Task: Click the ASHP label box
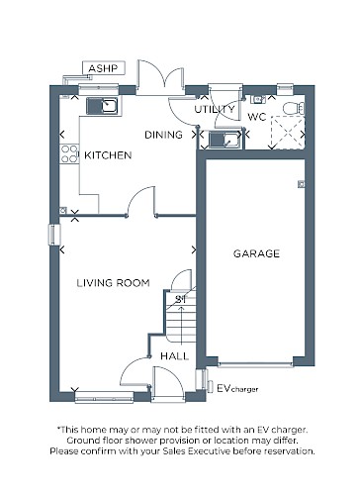(x=104, y=68)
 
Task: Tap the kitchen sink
(x=102, y=106)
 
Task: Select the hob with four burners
(x=69, y=154)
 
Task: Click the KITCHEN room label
(x=108, y=155)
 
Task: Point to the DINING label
(x=163, y=135)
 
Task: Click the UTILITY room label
(x=215, y=109)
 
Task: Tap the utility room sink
(x=225, y=140)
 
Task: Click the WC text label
(x=257, y=117)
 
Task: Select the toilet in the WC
(x=294, y=108)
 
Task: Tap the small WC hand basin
(x=258, y=99)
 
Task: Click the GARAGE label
(x=256, y=253)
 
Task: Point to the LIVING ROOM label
(x=113, y=283)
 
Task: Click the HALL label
(x=175, y=356)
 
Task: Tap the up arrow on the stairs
(x=181, y=325)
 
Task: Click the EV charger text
(x=237, y=388)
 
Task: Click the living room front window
(x=104, y=397)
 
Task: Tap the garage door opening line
(x=255, y=365)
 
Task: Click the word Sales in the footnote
(x=174, y=450)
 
